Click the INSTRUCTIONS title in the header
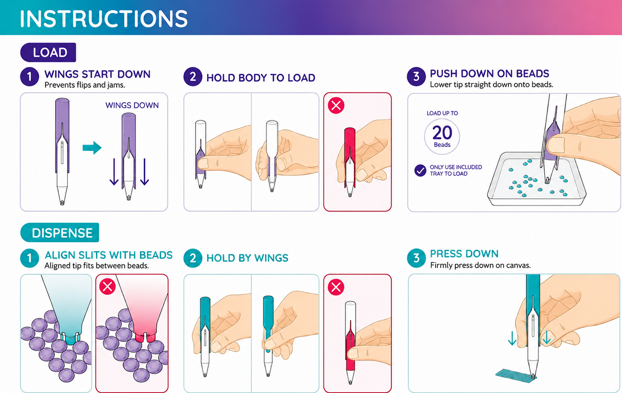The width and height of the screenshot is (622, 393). (x=104, y=19)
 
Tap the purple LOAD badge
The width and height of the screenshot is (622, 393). (x=48, y=52)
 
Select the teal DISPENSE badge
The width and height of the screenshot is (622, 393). (x=60, y=233)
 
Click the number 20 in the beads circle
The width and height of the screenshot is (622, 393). (x=442, y=132)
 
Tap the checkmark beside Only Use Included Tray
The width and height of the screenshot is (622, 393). (x=420, y=170)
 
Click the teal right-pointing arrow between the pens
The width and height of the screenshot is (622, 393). (x=92, y=147)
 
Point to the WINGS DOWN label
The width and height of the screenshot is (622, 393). (x=132, y=105)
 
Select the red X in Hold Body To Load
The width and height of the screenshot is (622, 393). (x=336, y=106)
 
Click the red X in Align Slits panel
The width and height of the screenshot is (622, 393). (x=108, y=286)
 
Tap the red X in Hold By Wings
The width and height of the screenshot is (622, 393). (x=336, y=287)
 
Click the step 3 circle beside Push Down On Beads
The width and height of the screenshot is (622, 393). (x=416, y=76)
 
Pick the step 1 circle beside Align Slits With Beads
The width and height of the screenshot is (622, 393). (x=30, y=258)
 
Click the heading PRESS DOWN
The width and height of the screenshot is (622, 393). (x=464, y=253)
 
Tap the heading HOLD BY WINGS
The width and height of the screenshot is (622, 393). (x=247, y=258)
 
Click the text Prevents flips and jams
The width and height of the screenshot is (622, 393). (x=85, y=85)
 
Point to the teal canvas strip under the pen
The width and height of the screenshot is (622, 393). (x=516, y=376)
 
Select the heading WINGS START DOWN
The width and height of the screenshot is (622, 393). (x=97, y=74)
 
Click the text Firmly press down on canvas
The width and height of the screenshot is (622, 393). (x=480, y=265)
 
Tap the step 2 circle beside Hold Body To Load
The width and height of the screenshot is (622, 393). (x=193, y=76)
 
